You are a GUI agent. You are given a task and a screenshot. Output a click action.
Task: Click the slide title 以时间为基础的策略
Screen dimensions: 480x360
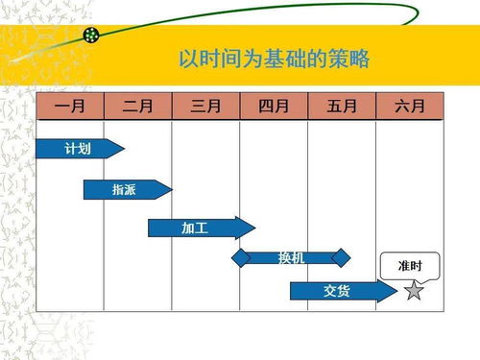click(275, 58)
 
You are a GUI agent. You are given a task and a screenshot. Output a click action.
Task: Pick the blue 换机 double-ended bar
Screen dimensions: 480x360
click(292, 257)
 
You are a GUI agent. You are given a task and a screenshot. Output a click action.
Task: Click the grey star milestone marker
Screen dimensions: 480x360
click(414, 290)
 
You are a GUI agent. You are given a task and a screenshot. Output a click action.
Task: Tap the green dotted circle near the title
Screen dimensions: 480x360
click(92, 36)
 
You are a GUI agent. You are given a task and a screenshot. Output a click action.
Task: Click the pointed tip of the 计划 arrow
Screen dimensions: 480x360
click(124, 148)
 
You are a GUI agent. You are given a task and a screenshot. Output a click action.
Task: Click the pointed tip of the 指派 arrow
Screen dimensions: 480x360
click(172, 189)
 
